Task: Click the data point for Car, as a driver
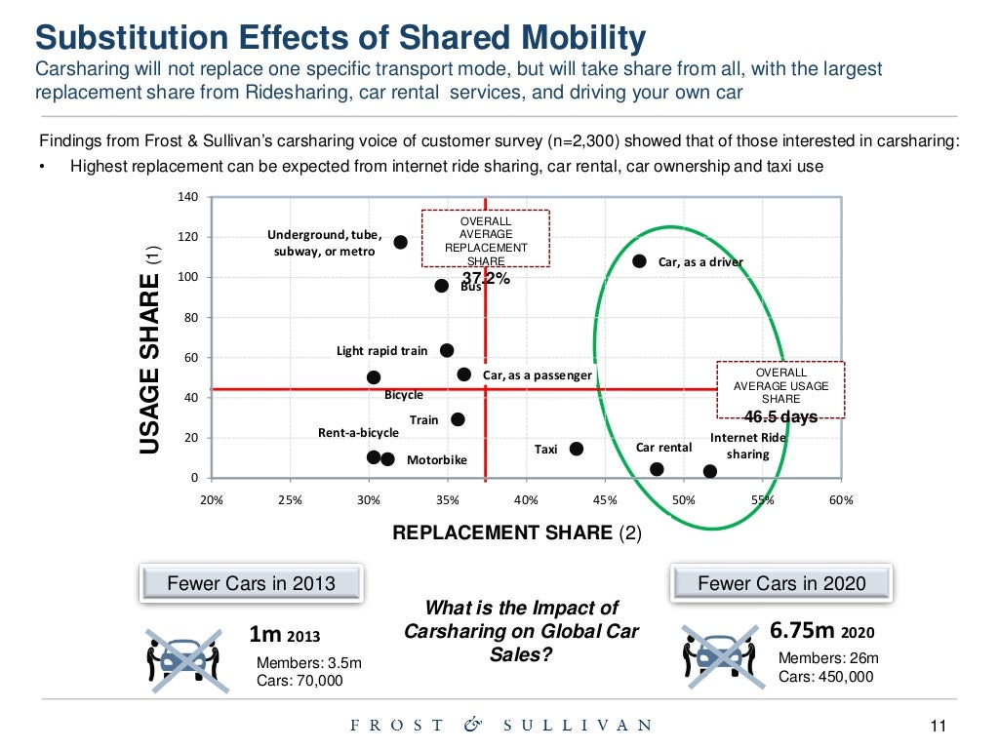click(x=639, y=261)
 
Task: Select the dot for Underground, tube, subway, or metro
click(x=400, y=242)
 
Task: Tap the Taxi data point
click(x=576, y=449)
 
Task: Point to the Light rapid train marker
click(x=447, y=350)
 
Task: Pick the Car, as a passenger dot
click(x=463, y=374)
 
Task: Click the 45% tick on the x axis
click(x=605, y=500)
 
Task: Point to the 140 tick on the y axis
click(x=188, y=198)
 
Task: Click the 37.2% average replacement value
click(x=486, y=279)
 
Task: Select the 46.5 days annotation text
click(x=780, y=417)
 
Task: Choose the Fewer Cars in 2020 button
click(x=781, y=583)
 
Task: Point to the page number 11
click(x=939, y=726)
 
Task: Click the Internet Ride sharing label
click(x=748, y=446)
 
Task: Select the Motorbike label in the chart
click(x=436, y=459)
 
